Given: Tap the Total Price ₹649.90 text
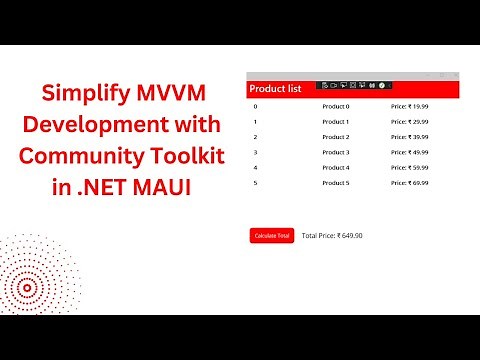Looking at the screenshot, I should pos(332,235).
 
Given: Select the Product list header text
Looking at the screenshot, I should pos(275,89).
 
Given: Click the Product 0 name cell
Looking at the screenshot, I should pos(335,105).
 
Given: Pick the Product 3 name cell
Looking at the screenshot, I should pos(335,152).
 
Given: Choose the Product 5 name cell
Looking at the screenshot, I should pos(335,183).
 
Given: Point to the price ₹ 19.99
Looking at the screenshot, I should pos(409,105).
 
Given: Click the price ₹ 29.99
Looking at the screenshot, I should pos(409,121).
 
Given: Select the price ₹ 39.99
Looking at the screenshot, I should pos(409,136).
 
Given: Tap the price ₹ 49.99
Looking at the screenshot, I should pos(409,152).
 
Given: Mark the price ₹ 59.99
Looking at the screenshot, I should pos(409,167).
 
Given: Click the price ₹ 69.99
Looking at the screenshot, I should pos(409,183).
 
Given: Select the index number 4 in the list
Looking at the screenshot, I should pos(256,167).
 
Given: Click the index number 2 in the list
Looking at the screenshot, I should pos(256,136).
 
